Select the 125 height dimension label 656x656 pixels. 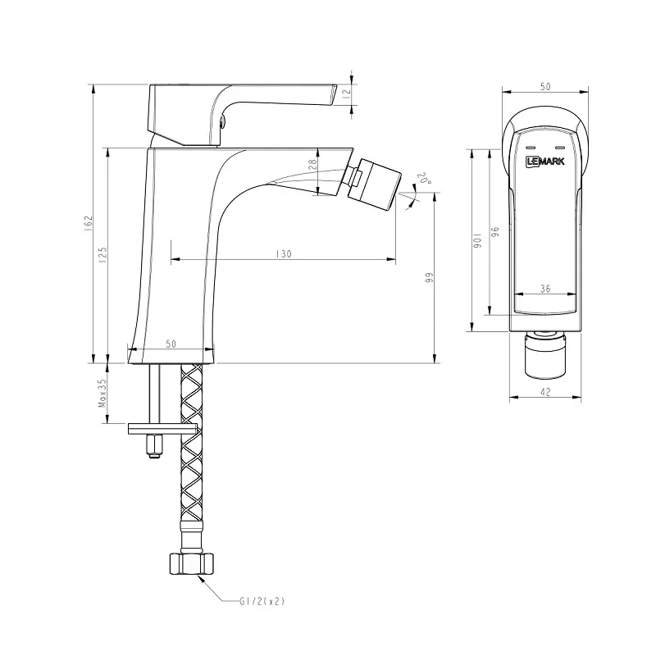click(102, 254)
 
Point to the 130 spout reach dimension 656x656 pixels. click(284, 255)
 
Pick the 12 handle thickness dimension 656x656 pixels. click(346, 93)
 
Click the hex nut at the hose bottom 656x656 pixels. click(190, 564)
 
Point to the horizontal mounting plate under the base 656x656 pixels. click(162, 427)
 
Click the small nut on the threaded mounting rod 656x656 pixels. click(153, 446)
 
